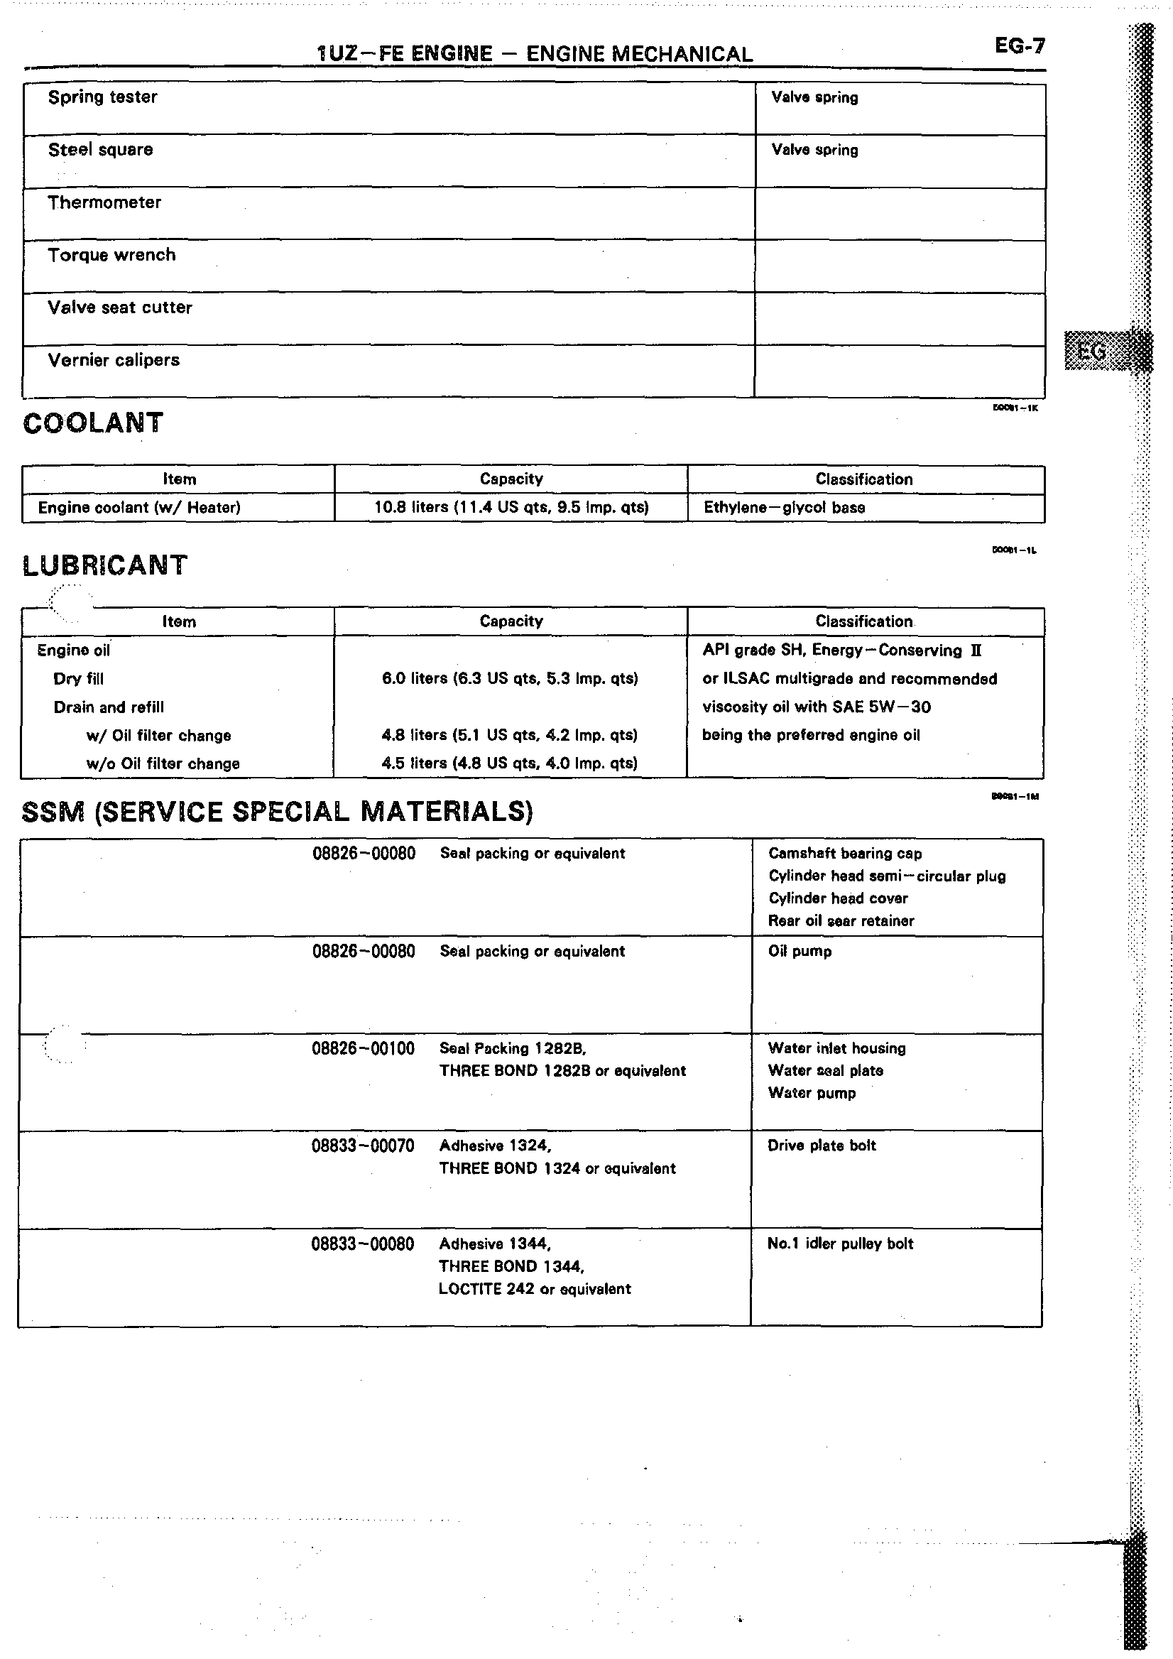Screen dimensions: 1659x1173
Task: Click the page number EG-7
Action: pos(1019,46)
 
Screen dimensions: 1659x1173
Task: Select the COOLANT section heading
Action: pos(93,423)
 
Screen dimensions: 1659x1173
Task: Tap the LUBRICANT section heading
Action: pos(105,565)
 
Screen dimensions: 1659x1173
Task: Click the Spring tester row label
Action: pos(102,97)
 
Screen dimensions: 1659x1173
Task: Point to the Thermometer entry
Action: pos(105,203)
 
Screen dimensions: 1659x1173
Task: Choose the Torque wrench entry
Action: pos(112,255)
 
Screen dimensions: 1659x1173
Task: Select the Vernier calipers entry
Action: pos(114,361)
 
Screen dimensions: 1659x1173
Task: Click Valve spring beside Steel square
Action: pos(814,151)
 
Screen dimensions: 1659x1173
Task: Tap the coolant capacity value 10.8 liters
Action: pos(511,507)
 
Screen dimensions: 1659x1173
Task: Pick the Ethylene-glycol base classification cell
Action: pos(785,507)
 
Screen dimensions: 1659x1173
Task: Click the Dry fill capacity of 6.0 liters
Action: pos(510,678)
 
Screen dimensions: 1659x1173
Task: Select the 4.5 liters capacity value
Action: pos(510,763)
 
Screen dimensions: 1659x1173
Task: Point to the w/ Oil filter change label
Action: pos(159,736)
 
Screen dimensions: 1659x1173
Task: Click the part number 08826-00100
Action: pos(364,1048)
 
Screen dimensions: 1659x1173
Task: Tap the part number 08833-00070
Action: pos(364,1146)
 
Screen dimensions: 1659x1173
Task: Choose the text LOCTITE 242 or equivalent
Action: pos(535,1289)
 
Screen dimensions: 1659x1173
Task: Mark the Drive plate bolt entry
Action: pos(822,1146)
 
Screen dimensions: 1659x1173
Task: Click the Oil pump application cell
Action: pos(800,952)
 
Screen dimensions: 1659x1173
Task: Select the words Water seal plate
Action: pos(826,1071)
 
